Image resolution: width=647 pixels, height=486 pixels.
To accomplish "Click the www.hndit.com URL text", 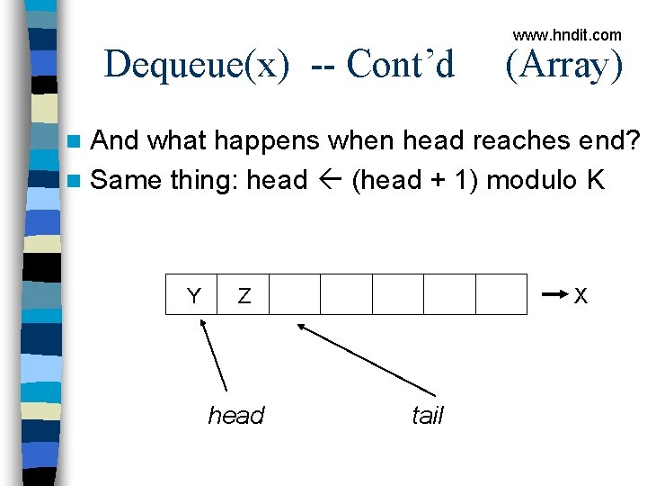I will coord(567,35).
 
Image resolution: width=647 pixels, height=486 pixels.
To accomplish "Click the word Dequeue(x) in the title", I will coord(197,65).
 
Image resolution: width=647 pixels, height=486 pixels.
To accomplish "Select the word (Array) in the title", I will coord(563,65).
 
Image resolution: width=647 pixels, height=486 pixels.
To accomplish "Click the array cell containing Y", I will coord(192,294).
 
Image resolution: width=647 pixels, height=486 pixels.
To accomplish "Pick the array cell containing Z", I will coord(244,294).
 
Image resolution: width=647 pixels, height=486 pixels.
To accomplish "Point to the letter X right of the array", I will coord(581,295).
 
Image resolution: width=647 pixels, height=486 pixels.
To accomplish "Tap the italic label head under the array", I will coord(236,416).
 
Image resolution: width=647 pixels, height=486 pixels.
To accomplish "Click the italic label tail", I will coord(427,416).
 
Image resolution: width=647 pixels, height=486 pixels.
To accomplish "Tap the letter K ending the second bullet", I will coord(595,180).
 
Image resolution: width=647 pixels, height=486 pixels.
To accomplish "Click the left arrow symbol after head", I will coord(329,180).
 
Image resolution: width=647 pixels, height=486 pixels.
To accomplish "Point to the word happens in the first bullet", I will coord(233,141).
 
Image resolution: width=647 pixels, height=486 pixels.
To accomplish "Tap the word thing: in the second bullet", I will coord(201,180).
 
